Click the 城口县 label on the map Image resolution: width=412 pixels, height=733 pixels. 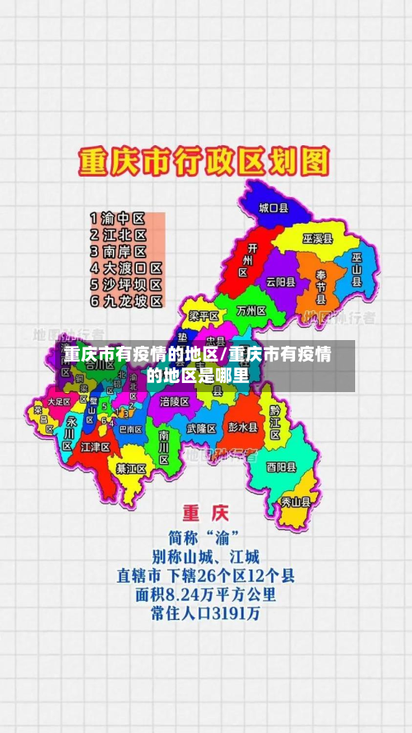274,209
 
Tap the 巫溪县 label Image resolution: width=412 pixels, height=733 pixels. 317,239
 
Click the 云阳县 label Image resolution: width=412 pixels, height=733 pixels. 280,281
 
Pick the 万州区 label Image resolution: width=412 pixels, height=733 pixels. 251,311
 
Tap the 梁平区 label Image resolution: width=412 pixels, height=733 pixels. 204,316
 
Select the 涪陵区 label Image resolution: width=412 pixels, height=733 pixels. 175,401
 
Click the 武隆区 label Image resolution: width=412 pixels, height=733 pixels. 201,428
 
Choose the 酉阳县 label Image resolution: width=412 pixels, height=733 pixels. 281,466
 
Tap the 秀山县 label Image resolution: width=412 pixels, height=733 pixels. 297,500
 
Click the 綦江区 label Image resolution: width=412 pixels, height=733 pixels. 131,469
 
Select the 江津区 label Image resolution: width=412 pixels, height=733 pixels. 96,447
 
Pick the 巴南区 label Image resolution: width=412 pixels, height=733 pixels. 130,429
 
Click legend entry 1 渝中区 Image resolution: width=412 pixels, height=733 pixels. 118,219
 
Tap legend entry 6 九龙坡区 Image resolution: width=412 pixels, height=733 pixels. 126,301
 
